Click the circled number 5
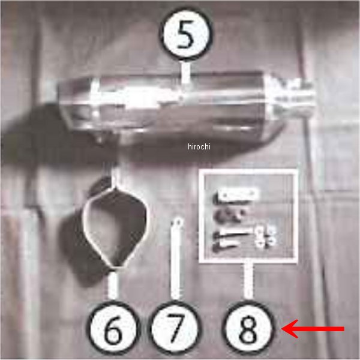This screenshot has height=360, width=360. pos(187,34)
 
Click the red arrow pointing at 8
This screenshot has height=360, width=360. pos(313,329)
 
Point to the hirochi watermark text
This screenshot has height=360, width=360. pos(199,146)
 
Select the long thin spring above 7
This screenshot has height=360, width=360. pos(176,258)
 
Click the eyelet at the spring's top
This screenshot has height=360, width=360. pos(178,222)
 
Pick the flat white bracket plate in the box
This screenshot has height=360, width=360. pos(238,194)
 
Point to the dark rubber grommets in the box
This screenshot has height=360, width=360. pos(230,215)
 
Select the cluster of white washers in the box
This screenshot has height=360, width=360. pos(265,237)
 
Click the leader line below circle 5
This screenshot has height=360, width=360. pos(186,73)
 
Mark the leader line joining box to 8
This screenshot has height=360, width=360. pos(248,281)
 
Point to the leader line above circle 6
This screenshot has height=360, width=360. pos(113,284)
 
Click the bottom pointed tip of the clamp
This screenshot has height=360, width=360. pos(118,268)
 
